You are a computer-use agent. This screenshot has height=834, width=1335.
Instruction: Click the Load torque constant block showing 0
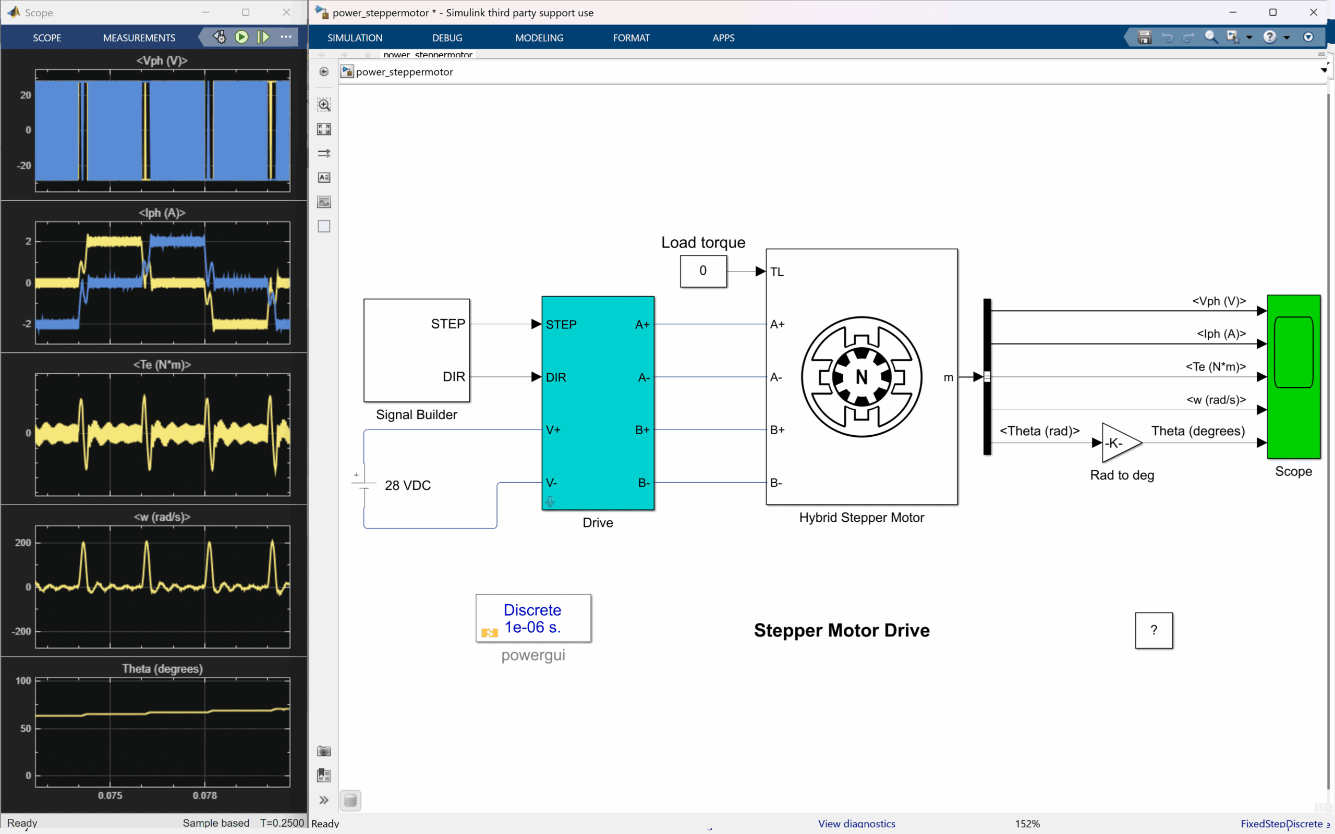coord(703,271)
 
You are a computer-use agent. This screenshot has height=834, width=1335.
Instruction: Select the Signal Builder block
coord(417,350)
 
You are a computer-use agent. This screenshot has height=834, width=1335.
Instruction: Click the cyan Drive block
coord(598,402)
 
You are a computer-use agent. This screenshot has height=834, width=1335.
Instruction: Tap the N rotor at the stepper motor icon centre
coord(861,377)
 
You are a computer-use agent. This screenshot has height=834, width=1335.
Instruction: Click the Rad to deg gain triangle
coord(1119,443)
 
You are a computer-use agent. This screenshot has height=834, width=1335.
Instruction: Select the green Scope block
coord(1293,377)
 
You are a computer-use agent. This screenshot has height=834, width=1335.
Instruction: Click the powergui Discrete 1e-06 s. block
coord(533,618)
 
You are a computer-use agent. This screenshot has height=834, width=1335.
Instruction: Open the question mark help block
coord(1154,630)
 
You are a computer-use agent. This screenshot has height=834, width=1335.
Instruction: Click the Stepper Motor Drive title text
coord(841,630)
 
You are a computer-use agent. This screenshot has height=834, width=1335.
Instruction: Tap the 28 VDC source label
coord(408,485)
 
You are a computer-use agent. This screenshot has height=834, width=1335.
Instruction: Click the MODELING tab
coord(539,38)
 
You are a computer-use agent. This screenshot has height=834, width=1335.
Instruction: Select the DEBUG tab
coord(447,38)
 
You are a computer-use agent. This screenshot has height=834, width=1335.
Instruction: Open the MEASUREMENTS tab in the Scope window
coord(139,38)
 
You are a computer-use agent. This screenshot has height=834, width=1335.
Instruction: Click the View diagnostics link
coord(856,824)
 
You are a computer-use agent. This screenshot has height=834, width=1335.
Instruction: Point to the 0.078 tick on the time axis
coord(204,795)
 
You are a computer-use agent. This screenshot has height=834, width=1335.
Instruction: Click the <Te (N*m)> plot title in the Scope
coord(162,364)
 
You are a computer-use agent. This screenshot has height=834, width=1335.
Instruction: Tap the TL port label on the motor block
coord(776,272)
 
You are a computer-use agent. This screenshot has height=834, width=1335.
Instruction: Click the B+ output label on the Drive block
coord(642,430)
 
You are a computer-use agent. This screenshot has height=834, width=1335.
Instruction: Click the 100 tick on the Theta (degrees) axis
coord(23,681)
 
